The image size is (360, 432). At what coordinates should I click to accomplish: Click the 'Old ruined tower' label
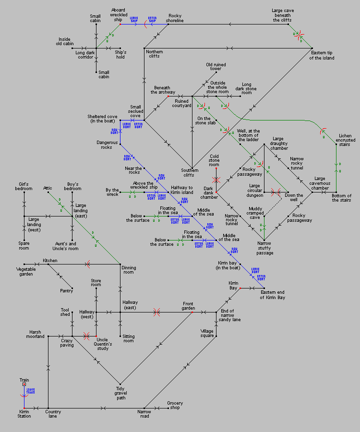216,67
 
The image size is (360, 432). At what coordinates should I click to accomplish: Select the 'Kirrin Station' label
24,414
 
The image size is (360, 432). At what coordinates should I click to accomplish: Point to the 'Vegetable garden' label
24,272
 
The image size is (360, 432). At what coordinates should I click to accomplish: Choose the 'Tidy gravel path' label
120,394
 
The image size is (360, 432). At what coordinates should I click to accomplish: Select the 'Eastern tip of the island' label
322,55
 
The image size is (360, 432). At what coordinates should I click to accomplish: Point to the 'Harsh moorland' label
36,334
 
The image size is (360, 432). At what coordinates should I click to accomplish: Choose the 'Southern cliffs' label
190,172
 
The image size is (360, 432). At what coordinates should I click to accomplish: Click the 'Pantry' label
67,291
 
